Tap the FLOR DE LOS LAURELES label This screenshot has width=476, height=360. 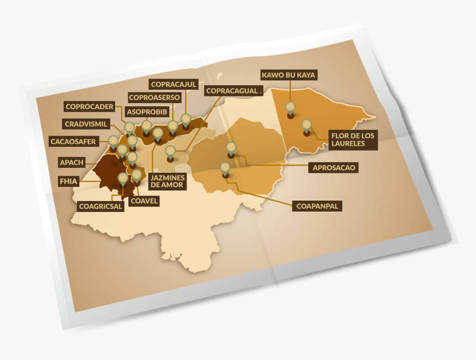353,140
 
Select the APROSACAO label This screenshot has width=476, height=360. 333,167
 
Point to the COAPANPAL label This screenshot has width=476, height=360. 317,205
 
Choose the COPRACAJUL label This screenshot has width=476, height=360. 173,84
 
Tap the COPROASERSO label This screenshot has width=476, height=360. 154,97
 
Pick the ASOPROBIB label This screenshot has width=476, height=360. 147,111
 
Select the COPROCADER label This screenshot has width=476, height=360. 89,106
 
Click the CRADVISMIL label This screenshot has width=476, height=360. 86,124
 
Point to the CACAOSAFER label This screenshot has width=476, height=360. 73,141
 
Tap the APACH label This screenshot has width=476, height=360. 71,163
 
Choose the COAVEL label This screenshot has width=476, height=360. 143,201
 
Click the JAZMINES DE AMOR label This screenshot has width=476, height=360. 167,181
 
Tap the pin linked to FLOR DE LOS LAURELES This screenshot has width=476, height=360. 306,125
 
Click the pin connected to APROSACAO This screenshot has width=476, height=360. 231,148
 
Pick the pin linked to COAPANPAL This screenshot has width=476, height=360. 225,168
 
